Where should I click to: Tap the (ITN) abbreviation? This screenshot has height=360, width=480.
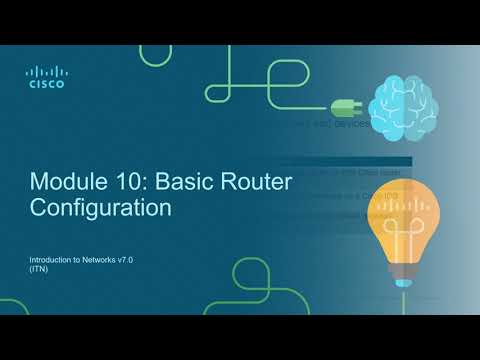tap(39, 270)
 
